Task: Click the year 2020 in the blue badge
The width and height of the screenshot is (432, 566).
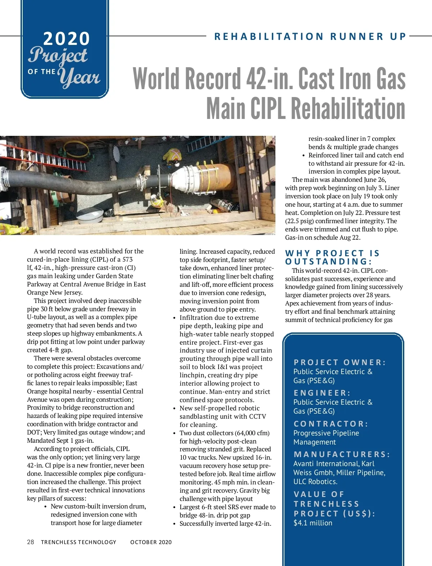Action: (66, 38)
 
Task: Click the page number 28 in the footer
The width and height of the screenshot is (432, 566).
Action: (31, 542)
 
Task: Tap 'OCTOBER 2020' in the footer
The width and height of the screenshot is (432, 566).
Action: (151, 542)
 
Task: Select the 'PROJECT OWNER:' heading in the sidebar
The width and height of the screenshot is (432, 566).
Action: (339, 362)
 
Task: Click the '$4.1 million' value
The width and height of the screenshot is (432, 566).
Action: (312, 523)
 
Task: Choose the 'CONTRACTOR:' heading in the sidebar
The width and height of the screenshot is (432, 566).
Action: (331, 424)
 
